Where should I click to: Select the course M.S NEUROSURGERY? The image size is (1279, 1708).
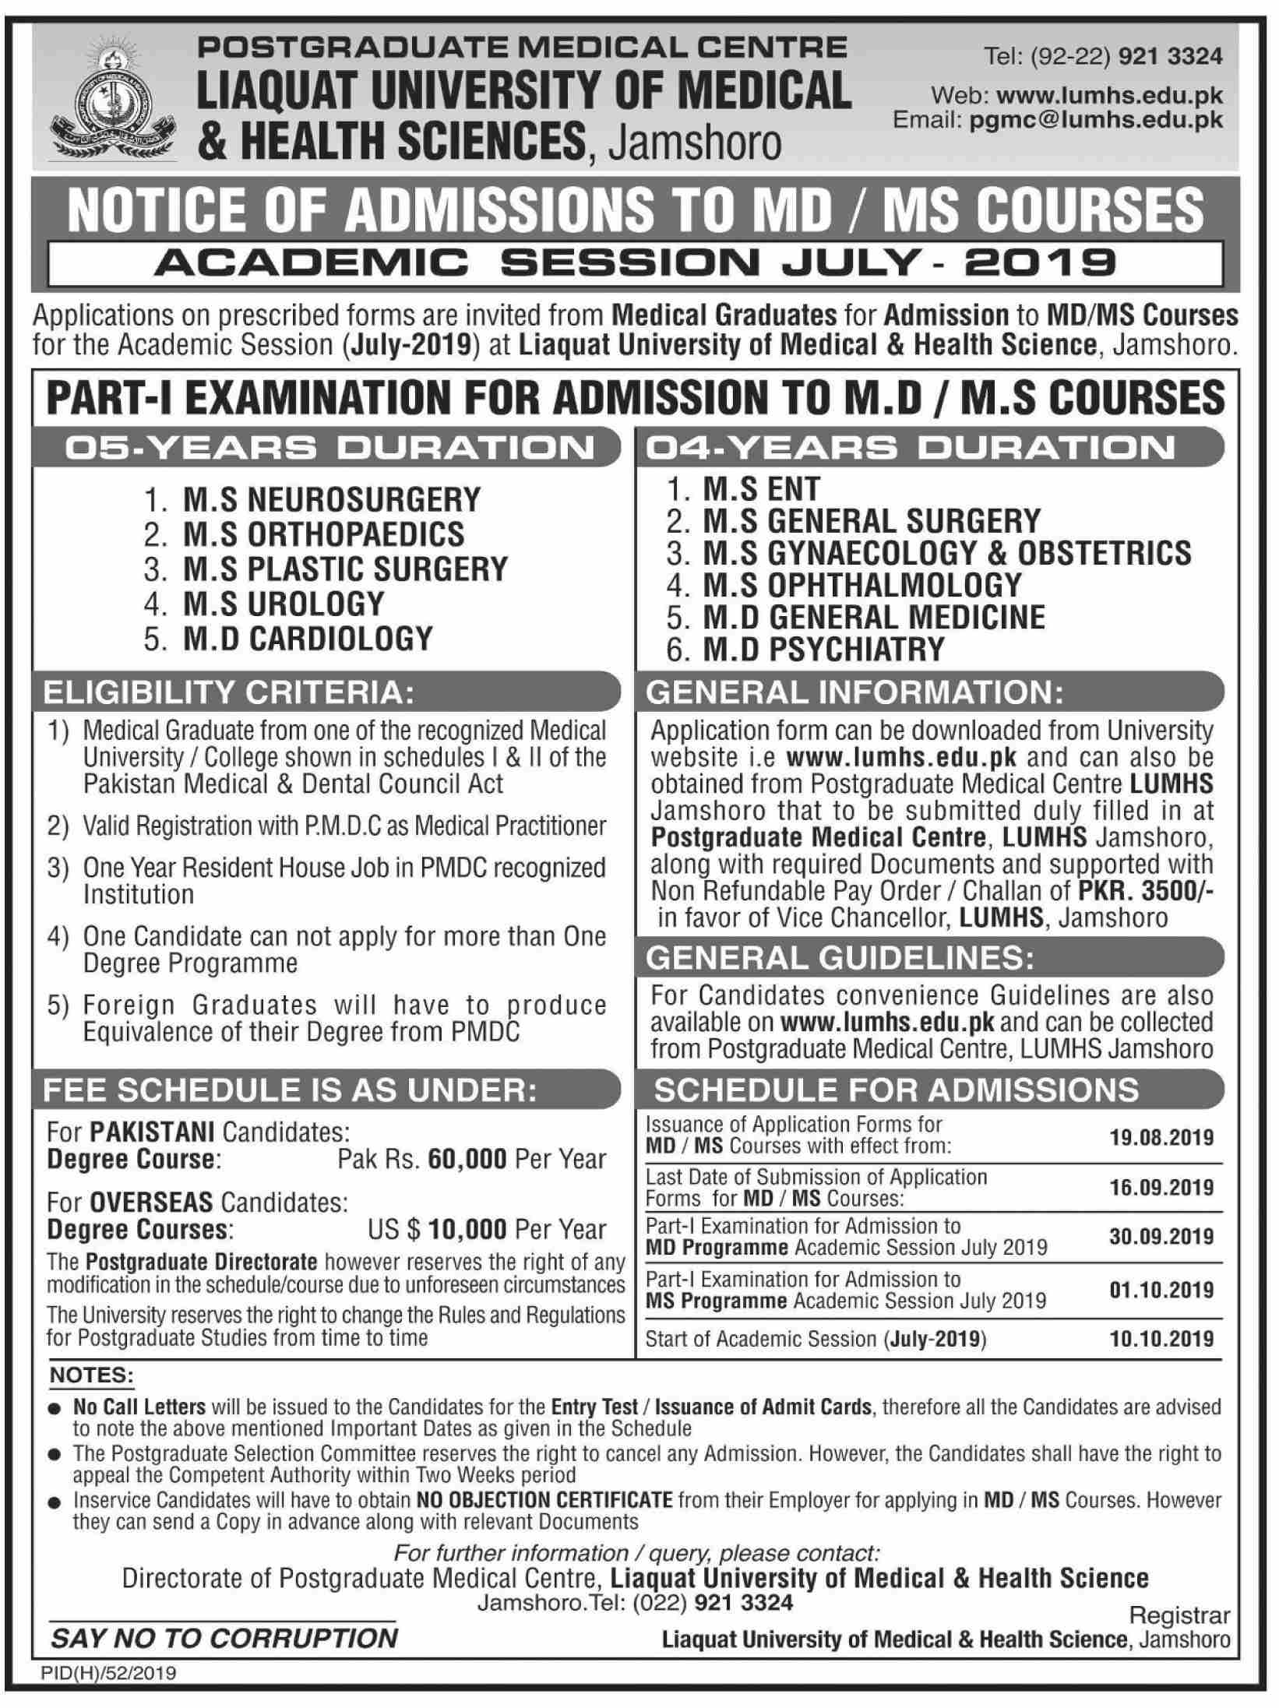[332, 499]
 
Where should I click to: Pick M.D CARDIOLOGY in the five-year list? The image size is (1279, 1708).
[308, 639]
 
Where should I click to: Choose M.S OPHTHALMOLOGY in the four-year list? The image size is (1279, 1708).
[861, 585]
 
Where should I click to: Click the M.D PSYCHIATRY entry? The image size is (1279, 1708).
[823, 649]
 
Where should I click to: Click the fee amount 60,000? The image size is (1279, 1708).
[466, 1159]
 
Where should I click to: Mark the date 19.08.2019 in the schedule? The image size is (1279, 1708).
[1161, 1137]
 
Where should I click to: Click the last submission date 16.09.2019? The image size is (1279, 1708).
[1161, 1188]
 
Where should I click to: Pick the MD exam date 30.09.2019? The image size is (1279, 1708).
[1161, 1237]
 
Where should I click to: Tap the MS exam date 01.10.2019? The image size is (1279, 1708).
[1161, 1290]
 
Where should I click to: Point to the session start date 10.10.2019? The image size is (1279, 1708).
[1161, 1338]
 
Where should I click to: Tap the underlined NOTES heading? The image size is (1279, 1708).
[92, 1375]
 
